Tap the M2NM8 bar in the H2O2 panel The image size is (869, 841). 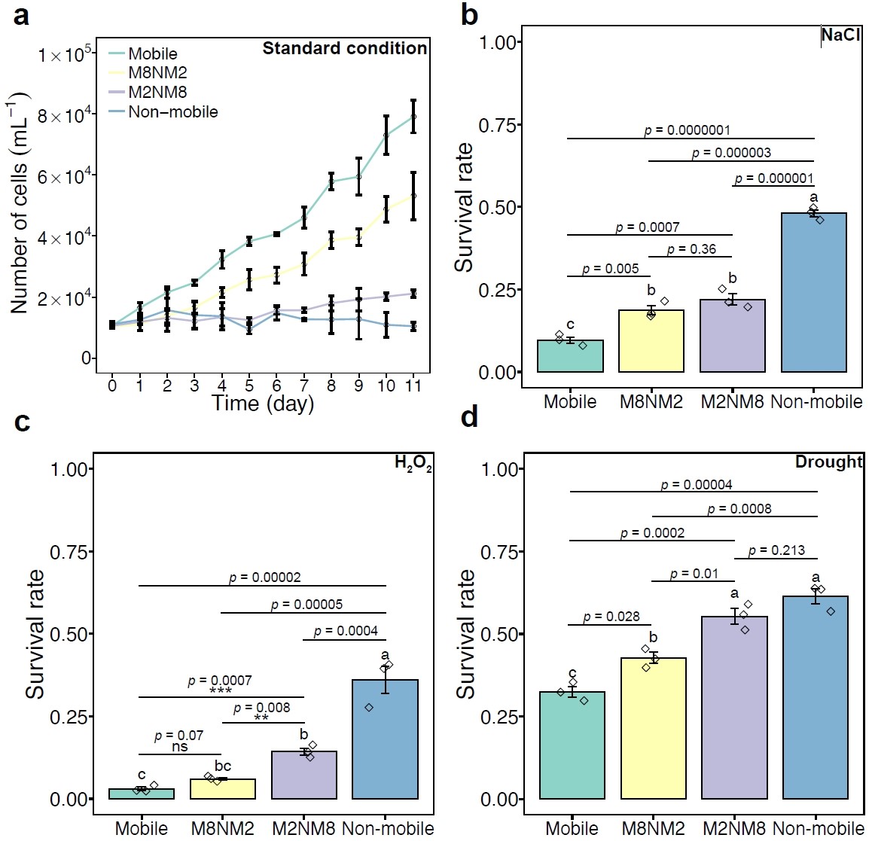[x=304, y=775]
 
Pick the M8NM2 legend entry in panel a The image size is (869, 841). [x=157, y=73]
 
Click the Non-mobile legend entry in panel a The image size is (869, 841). [x=172, y=112]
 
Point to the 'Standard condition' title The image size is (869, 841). [x=344, y=49]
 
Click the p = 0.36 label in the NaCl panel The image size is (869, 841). [x=691, y=249]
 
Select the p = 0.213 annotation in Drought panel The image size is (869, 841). [x=776, y=551]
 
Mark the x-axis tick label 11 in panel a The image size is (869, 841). [x=413, y=385]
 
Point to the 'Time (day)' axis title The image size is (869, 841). [x=262, y=404]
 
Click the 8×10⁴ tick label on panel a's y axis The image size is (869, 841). [x=66, y=115]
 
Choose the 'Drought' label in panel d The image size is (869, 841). [x=828, y=462]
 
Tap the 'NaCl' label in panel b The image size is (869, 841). [x=840, y=35]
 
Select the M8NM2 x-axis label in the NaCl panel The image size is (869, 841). [x=651, y=401]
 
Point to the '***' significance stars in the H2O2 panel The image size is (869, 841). [x=221, y=691]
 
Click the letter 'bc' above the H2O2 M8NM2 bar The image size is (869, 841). [x=223, y=766]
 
